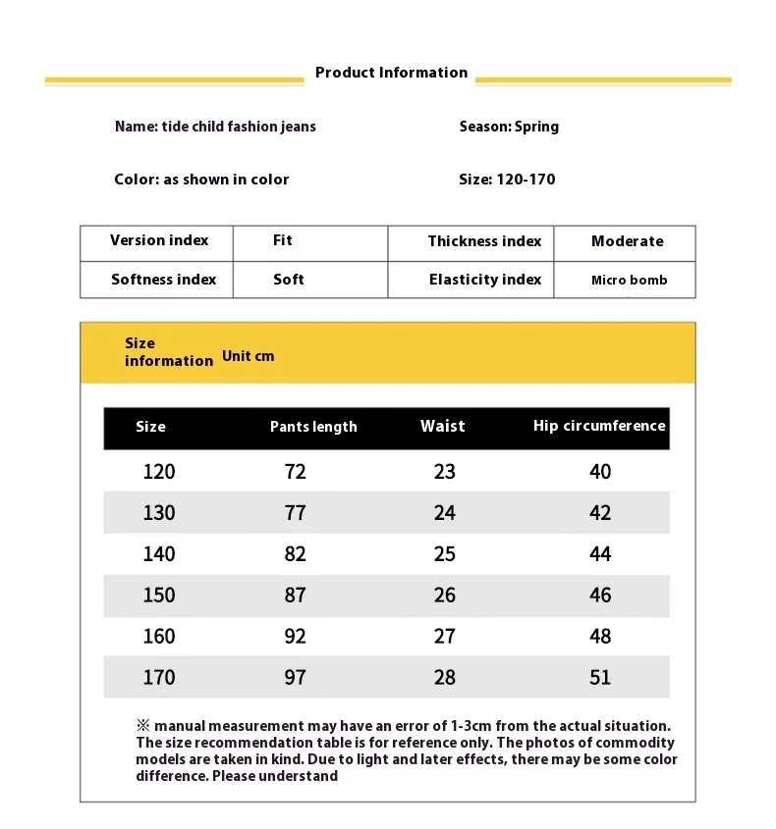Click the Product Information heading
(391, 73)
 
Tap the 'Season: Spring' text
(509, 127)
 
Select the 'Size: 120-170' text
(507, 180)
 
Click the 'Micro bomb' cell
(629, 281)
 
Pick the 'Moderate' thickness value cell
(627, 241)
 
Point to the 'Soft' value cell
(289, 280)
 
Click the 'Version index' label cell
(159, 240)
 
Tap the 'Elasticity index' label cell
(485, 280)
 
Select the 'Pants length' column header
(313, 427)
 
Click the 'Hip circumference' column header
(599, 426)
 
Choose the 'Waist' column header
(443, 426)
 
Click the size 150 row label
(159, 596)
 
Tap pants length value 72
(296, 472)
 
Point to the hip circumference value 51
(600, 678)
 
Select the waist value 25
(445, 554)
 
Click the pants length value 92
(296, 637)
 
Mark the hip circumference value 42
(600, 513)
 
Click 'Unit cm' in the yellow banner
(249, 356)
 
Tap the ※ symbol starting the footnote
(142, 726)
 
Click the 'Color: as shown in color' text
(201, 180)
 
